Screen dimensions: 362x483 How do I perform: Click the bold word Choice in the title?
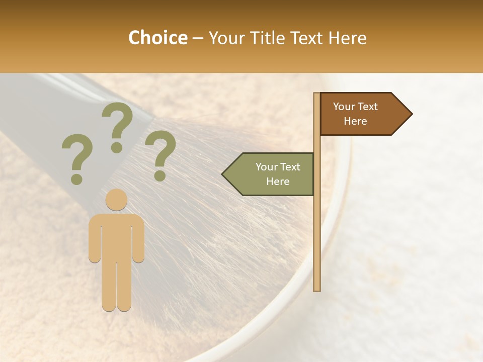coord(157,38)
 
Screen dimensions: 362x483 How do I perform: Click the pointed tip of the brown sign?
coord(411,114)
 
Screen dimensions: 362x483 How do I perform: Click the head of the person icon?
coord(116,200)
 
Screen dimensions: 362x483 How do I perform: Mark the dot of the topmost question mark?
coord(117,147)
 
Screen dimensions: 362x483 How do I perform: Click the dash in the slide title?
coord(198,38)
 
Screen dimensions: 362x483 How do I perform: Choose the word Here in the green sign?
coord(278,182)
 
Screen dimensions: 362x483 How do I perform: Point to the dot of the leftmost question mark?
coord(76,178)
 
